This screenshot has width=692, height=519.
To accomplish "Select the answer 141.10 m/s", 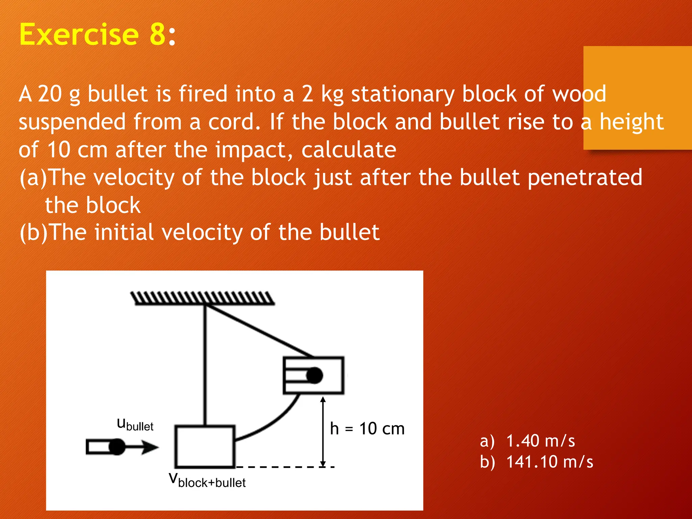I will pyautogui.click(x=549, y=462).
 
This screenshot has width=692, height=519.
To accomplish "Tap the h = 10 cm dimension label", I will pyautogui.click(x=367, y=429).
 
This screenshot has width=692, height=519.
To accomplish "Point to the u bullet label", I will pyautogui.click(x=135, y=425).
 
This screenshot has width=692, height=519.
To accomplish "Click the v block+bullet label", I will pyautogui.click(x=207, y=480).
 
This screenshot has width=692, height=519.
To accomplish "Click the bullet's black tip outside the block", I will pyautogui.click(x=117, y=447).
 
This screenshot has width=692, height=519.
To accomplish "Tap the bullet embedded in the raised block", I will pyautogui.click(x=314, y=375).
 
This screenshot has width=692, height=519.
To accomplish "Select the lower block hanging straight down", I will pyautogui.click(x=205, y=446).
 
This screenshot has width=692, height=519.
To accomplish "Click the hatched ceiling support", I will pyautogui.click(x=203, y=298).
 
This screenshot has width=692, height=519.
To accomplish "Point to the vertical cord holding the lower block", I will pyautogui.click(x=205, y=365).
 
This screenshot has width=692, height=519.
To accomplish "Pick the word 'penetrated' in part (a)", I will pyautogui.click(x=585, y=177).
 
